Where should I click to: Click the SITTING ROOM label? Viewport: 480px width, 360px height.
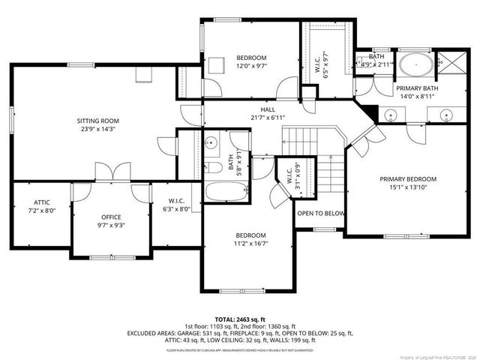98,120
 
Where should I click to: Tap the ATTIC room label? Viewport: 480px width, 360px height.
41,202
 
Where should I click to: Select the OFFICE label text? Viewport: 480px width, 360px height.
111,217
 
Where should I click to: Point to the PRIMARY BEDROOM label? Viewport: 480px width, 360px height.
407,179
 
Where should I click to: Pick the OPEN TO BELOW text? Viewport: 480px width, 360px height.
321,214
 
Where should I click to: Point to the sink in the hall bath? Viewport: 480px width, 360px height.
211,141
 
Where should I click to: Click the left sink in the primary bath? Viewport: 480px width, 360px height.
389,115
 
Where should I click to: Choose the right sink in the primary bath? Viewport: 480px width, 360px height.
446,115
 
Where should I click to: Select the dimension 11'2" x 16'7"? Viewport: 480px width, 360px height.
251,243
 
